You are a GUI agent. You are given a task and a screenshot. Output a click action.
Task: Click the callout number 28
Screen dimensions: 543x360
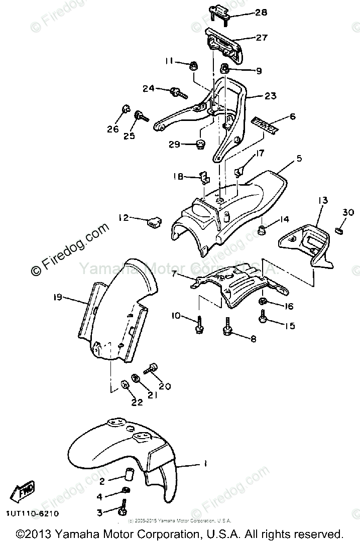(x=261, y=12)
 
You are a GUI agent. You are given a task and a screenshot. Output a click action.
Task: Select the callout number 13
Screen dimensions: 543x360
(x=322, y=200)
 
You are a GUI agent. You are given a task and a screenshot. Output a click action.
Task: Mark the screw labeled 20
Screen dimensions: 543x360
(x=151, y=370)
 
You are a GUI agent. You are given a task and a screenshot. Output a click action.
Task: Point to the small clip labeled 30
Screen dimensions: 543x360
(x=337, y=231)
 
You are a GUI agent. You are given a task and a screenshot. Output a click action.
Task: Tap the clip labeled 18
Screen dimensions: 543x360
(x=204, y=176)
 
